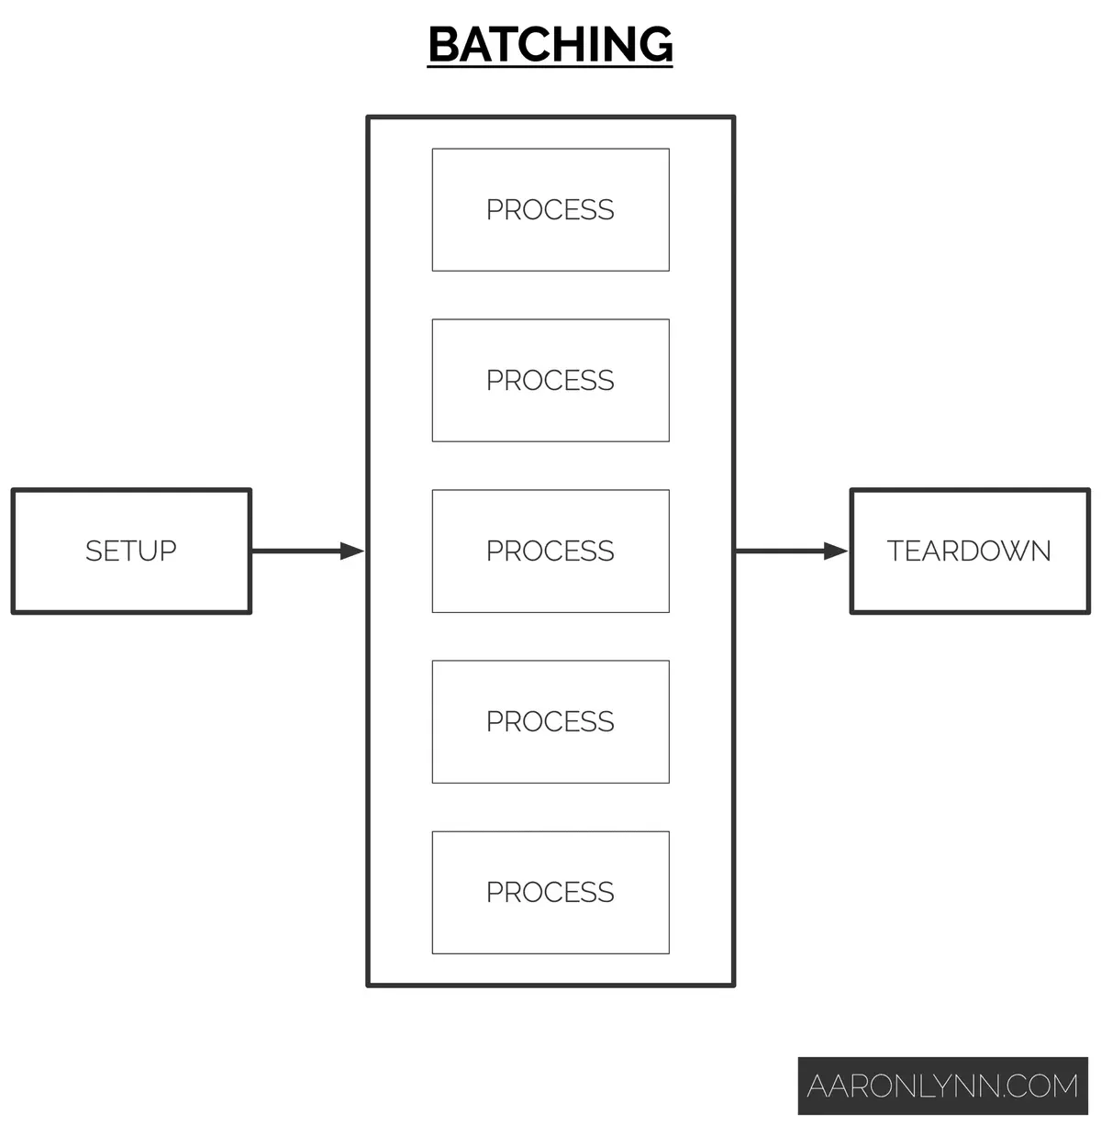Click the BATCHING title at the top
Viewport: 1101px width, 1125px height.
pyautogui.click(x=550, y=44)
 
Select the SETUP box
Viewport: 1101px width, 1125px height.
pyautogui.click(x=131, y=551)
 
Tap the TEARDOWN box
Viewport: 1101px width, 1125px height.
pyautogui.click(x=970, y=551)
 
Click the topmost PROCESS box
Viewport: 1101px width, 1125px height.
pyautogui.click(x=550, y=210)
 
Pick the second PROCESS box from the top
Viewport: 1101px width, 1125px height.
pyautogui.click(x=550, y=381)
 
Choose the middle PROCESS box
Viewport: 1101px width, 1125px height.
pyautogui.click(x=550, y=551)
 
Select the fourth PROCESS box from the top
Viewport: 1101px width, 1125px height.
pyautogui.click(x=550, y=722)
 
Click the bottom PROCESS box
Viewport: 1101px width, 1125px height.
pyautogui.click(x=550, y=893)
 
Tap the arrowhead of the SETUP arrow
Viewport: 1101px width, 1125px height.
pyautogui.click(x=352, y=551)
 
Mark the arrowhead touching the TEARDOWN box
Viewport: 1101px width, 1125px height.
pyautogui.click(x=836, y=551)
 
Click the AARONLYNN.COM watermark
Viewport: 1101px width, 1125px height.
pyautogui.click(x=942, y=1086)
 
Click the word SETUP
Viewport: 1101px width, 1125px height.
pyautogui.click(x=131, y=551)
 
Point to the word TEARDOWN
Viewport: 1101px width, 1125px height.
pyautogui.click(x=970, y=551)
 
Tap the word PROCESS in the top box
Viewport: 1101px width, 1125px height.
pyautogui.click(x=550, y=210)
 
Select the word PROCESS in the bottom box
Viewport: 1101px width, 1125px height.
pyautogui.click(x=550, y=893)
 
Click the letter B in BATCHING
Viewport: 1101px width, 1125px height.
pyautogui.click(x=445, y=44)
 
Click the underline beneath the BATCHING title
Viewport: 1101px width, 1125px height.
pyautogui.click(x=550, y=66)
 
